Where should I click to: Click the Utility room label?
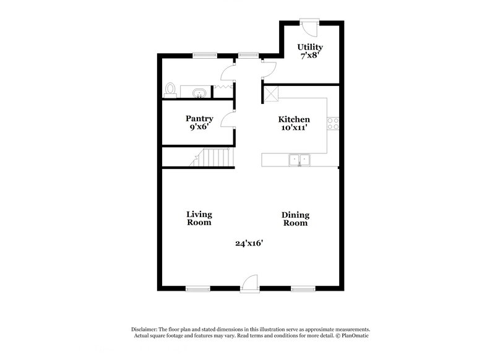pos(310,47)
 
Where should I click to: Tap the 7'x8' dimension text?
pos(310,56)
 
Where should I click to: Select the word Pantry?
pos(199,119)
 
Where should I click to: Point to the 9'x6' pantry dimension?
pos(199,127)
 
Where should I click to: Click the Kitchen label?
pos(293,119)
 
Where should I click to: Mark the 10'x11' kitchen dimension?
pos(293,128)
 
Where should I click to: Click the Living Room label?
pos(199,218)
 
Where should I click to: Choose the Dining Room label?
pos(295,219)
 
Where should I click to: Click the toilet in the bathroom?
pos(171,90)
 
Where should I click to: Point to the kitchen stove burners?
pos(334,123)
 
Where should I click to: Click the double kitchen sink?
pos(299,161)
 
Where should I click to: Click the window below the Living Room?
pos(198,288)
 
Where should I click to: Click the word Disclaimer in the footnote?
pos(144,330)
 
